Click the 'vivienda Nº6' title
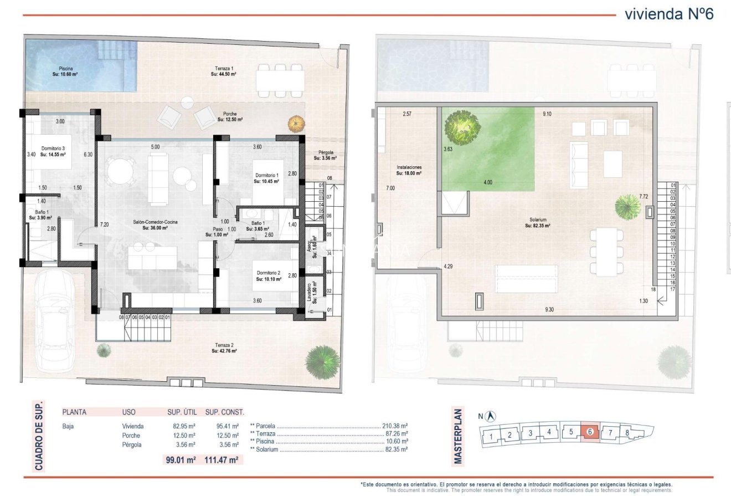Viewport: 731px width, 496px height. pyautogui.click(x=668, y=14)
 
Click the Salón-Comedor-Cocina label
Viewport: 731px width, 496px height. pyautogui.click(x=155, y=224)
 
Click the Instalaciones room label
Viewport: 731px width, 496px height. pyautogui.click(x=409, y=170)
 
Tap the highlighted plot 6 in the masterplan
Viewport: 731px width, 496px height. pyautogui.click(x=590, y=432)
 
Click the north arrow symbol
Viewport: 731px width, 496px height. pyautogui.click(x=491, y=416)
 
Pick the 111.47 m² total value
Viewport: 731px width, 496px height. pyautogui.click(x=222, y=459)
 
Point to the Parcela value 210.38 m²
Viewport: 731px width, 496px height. pyautogui.click(x=395, y=426)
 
